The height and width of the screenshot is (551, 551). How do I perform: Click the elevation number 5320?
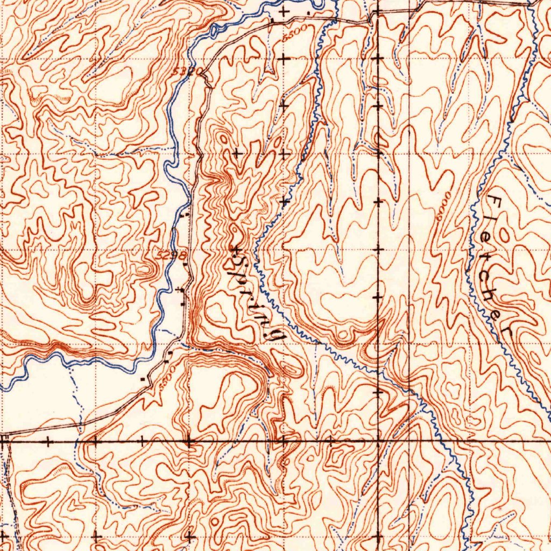188,70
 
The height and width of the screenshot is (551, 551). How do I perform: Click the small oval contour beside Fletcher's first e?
504,234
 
